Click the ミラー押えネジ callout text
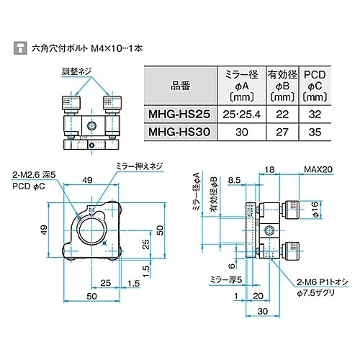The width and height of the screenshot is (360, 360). coord(140,166)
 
